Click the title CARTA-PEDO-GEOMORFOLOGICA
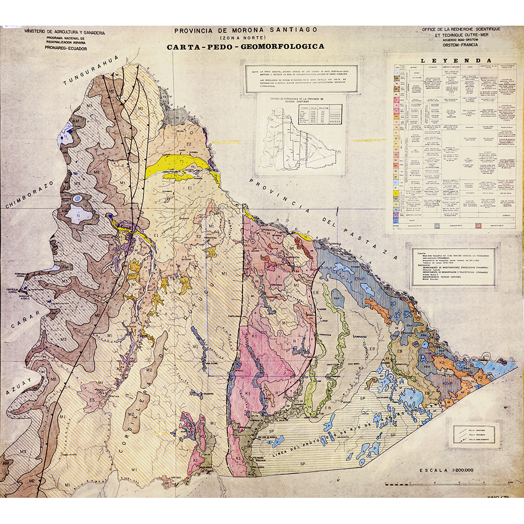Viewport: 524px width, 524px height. (x=245, y=46)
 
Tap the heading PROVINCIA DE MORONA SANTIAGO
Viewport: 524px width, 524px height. (x=245, y=30)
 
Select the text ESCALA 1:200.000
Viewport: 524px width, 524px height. (x=446, y=470)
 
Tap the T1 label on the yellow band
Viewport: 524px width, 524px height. (x=181, y=162)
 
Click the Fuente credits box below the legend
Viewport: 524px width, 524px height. (x=454, y=267)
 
